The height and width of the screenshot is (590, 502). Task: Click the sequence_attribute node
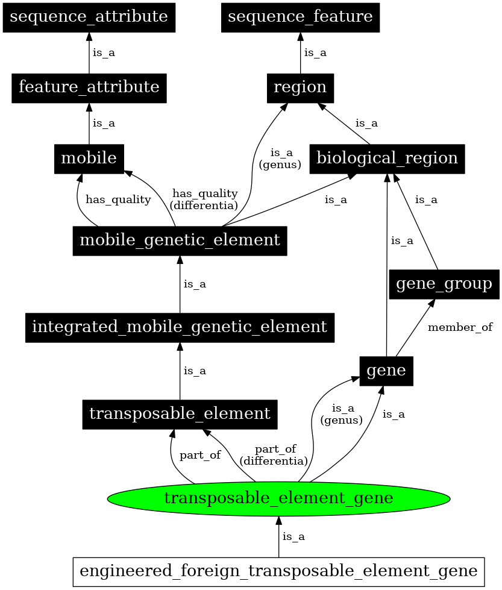[89, 17]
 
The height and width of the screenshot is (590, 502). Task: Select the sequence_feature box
[300, 17]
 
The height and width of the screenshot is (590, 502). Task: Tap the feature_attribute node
[89, 87]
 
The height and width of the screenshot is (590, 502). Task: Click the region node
[300, 87]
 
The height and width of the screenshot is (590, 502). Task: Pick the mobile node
[89, 158]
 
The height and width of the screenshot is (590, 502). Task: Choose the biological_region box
[387, 158]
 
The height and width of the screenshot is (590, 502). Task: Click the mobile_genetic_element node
[180, 240]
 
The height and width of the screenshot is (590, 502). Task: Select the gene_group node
[444, 284]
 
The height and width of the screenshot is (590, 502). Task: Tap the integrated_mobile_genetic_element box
[180, 327]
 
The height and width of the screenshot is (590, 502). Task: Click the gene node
[386, 371]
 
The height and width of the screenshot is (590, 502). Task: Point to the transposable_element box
[180, 414]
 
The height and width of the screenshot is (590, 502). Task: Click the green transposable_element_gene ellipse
[278, 498]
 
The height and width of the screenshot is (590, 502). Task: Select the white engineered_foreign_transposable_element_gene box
[278, 571]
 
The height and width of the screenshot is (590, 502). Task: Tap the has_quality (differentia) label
[204, 199]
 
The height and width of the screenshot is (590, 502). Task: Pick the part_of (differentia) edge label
[274, 455]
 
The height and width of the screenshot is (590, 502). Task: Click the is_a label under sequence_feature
[315, 53]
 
